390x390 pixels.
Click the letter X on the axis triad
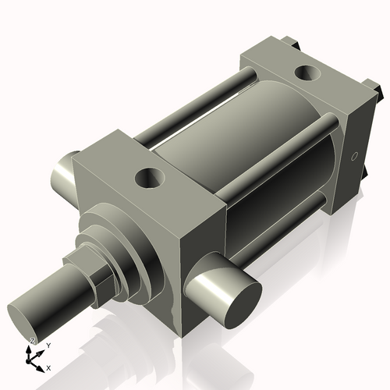pyautogui.click(x=48, y=367)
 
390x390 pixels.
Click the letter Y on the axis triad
pyautogui.click(x=48, y=344)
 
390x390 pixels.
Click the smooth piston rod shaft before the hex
pyautogui.click(x=58, y=300)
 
